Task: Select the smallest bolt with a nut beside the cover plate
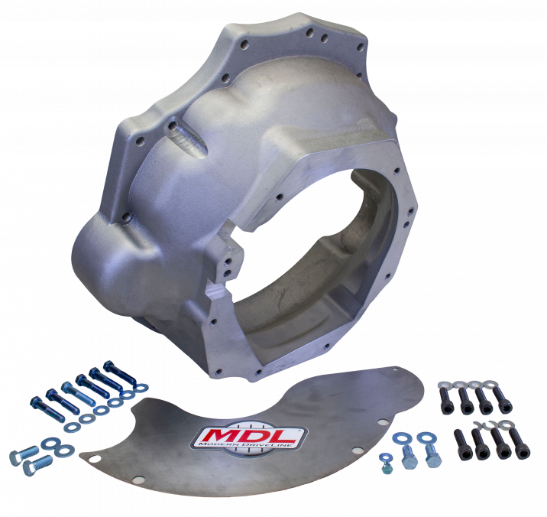click(385, 463)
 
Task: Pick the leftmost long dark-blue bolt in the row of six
click(47, 409)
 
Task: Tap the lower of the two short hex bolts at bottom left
click(37, 465)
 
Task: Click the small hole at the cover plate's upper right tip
click(395, 368)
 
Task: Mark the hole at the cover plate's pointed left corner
click(93, 458)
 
